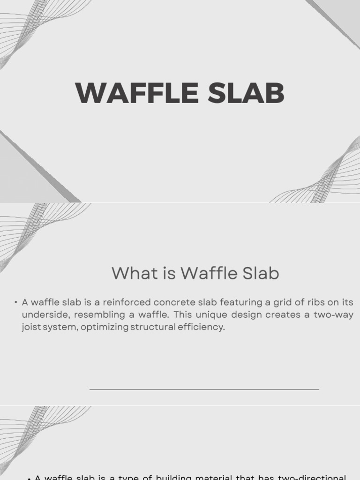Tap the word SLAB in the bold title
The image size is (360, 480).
tap(246, 93)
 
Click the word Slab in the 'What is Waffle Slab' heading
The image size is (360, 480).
tap(260, 273)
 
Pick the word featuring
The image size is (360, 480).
tap(234, 303)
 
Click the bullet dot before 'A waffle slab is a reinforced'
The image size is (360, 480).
tap(15, 303)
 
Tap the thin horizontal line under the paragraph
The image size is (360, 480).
tap(204, 389)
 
